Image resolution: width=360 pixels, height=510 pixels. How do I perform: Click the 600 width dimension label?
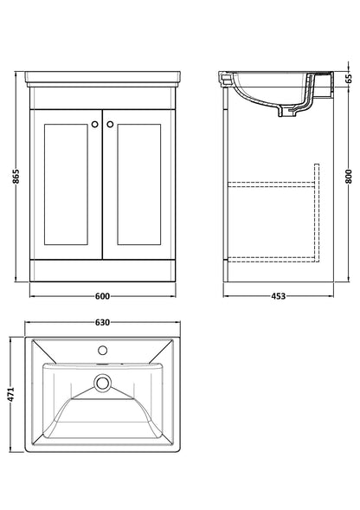pos(102,296)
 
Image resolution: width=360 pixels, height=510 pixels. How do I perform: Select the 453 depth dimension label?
pos(273,296)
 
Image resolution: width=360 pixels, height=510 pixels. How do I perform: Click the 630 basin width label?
pos(102,323)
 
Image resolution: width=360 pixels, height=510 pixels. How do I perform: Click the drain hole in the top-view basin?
pos(102,381)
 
